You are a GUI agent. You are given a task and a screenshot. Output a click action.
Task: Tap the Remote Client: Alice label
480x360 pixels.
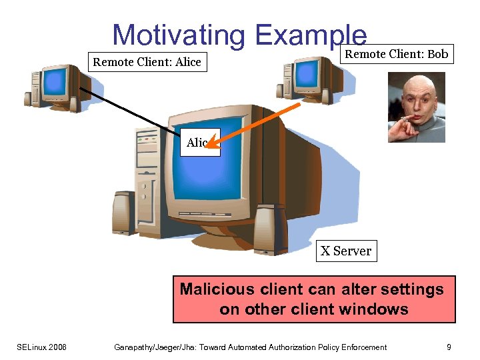pyautogui.click(x=147, y=63)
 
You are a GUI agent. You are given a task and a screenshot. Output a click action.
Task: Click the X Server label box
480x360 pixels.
pyautogui.click(x=346, y=251)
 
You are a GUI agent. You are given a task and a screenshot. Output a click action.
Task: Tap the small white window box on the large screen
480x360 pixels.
pyautogui.click(x=199, y=143)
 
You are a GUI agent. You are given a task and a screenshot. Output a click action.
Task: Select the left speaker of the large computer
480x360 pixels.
pyautogui.click(x=124, y=213)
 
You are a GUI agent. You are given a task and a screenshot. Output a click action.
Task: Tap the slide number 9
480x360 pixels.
pyautogui.click(x=449, y=347)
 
